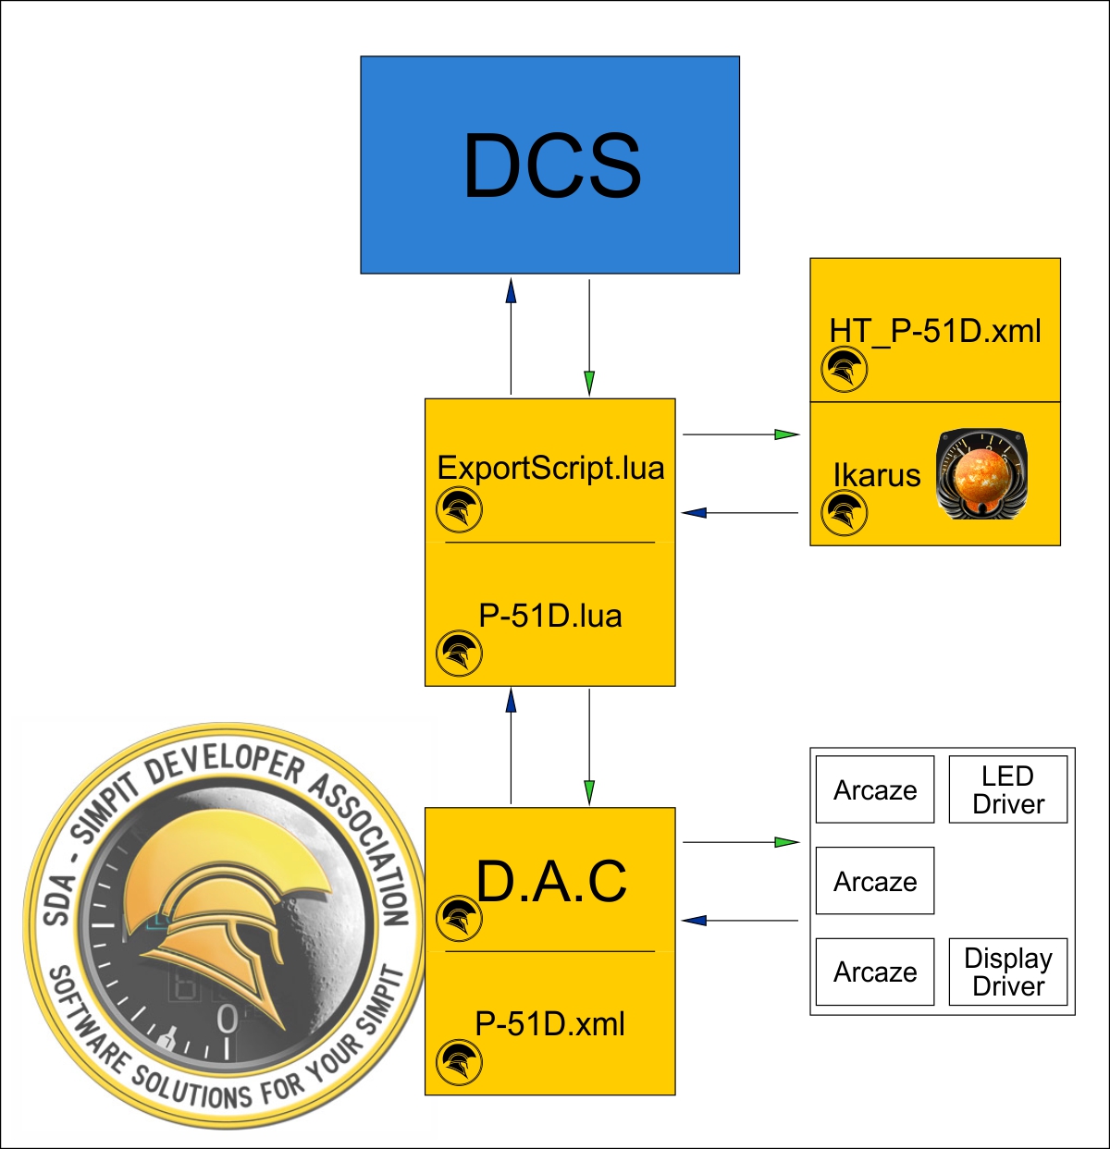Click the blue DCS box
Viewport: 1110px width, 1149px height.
tap(549, 165)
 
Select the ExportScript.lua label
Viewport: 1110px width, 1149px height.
tap(550, 468)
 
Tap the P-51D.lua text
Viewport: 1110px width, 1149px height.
tap(550, 616)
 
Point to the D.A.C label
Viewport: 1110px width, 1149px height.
tap(551, 881)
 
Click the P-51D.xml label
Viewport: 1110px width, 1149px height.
tap(550, 1024)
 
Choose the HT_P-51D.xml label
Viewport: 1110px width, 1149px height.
tap(935, 331)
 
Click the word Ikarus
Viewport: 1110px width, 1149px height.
tap(877, 475)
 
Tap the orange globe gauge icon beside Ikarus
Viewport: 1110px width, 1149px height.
tap(982, 473)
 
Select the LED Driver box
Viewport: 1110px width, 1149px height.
tap(1008, 789)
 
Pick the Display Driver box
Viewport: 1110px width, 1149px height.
tap(1008, 972)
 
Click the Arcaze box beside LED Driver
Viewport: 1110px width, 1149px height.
tap(875, 789)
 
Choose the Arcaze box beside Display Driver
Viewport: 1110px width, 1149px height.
tap(875, 972)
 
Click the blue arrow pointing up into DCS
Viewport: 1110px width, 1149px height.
tap(511, 291)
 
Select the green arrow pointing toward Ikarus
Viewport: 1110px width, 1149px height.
tap(785, 434)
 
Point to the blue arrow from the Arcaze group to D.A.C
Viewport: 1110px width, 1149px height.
tap(695, 921)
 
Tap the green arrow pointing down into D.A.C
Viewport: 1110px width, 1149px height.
tap(589, 790)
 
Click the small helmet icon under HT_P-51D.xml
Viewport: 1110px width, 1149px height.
tap(844, 370)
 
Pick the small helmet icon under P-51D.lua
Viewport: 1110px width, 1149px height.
tap(459, 654)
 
